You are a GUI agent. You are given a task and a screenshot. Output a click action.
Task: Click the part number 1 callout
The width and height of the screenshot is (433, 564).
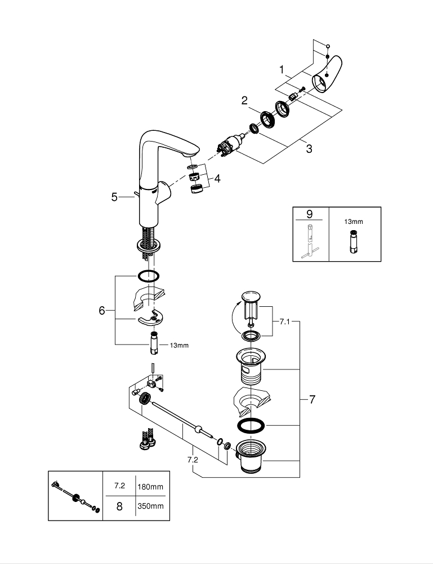[x=282, y=69]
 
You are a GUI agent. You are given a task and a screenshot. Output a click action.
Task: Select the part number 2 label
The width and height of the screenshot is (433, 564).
[x=244, y=100]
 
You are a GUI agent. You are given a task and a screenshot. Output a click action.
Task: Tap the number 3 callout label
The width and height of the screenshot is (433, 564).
[x=309, y=149]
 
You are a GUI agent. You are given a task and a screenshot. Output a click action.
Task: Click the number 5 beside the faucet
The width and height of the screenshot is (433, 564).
[x=114, y=197]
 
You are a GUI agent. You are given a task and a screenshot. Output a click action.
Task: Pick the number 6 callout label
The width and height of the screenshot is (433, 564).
[x=102, y=310]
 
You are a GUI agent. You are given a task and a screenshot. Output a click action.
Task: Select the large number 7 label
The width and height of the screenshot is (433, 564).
[x=312, y=400]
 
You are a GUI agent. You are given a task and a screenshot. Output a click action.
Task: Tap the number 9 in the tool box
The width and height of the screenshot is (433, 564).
[x=309, y=214]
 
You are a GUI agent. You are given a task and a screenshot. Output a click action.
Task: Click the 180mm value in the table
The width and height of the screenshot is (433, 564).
[x=150, y=486]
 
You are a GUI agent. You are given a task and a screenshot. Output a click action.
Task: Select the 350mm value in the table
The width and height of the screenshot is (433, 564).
[x=150, y=506]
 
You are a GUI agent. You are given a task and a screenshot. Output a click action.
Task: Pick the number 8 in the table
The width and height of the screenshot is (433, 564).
[x=119, y=506]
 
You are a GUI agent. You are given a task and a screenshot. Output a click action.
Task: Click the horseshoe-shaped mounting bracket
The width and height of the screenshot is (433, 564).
[x=149, y=319]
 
